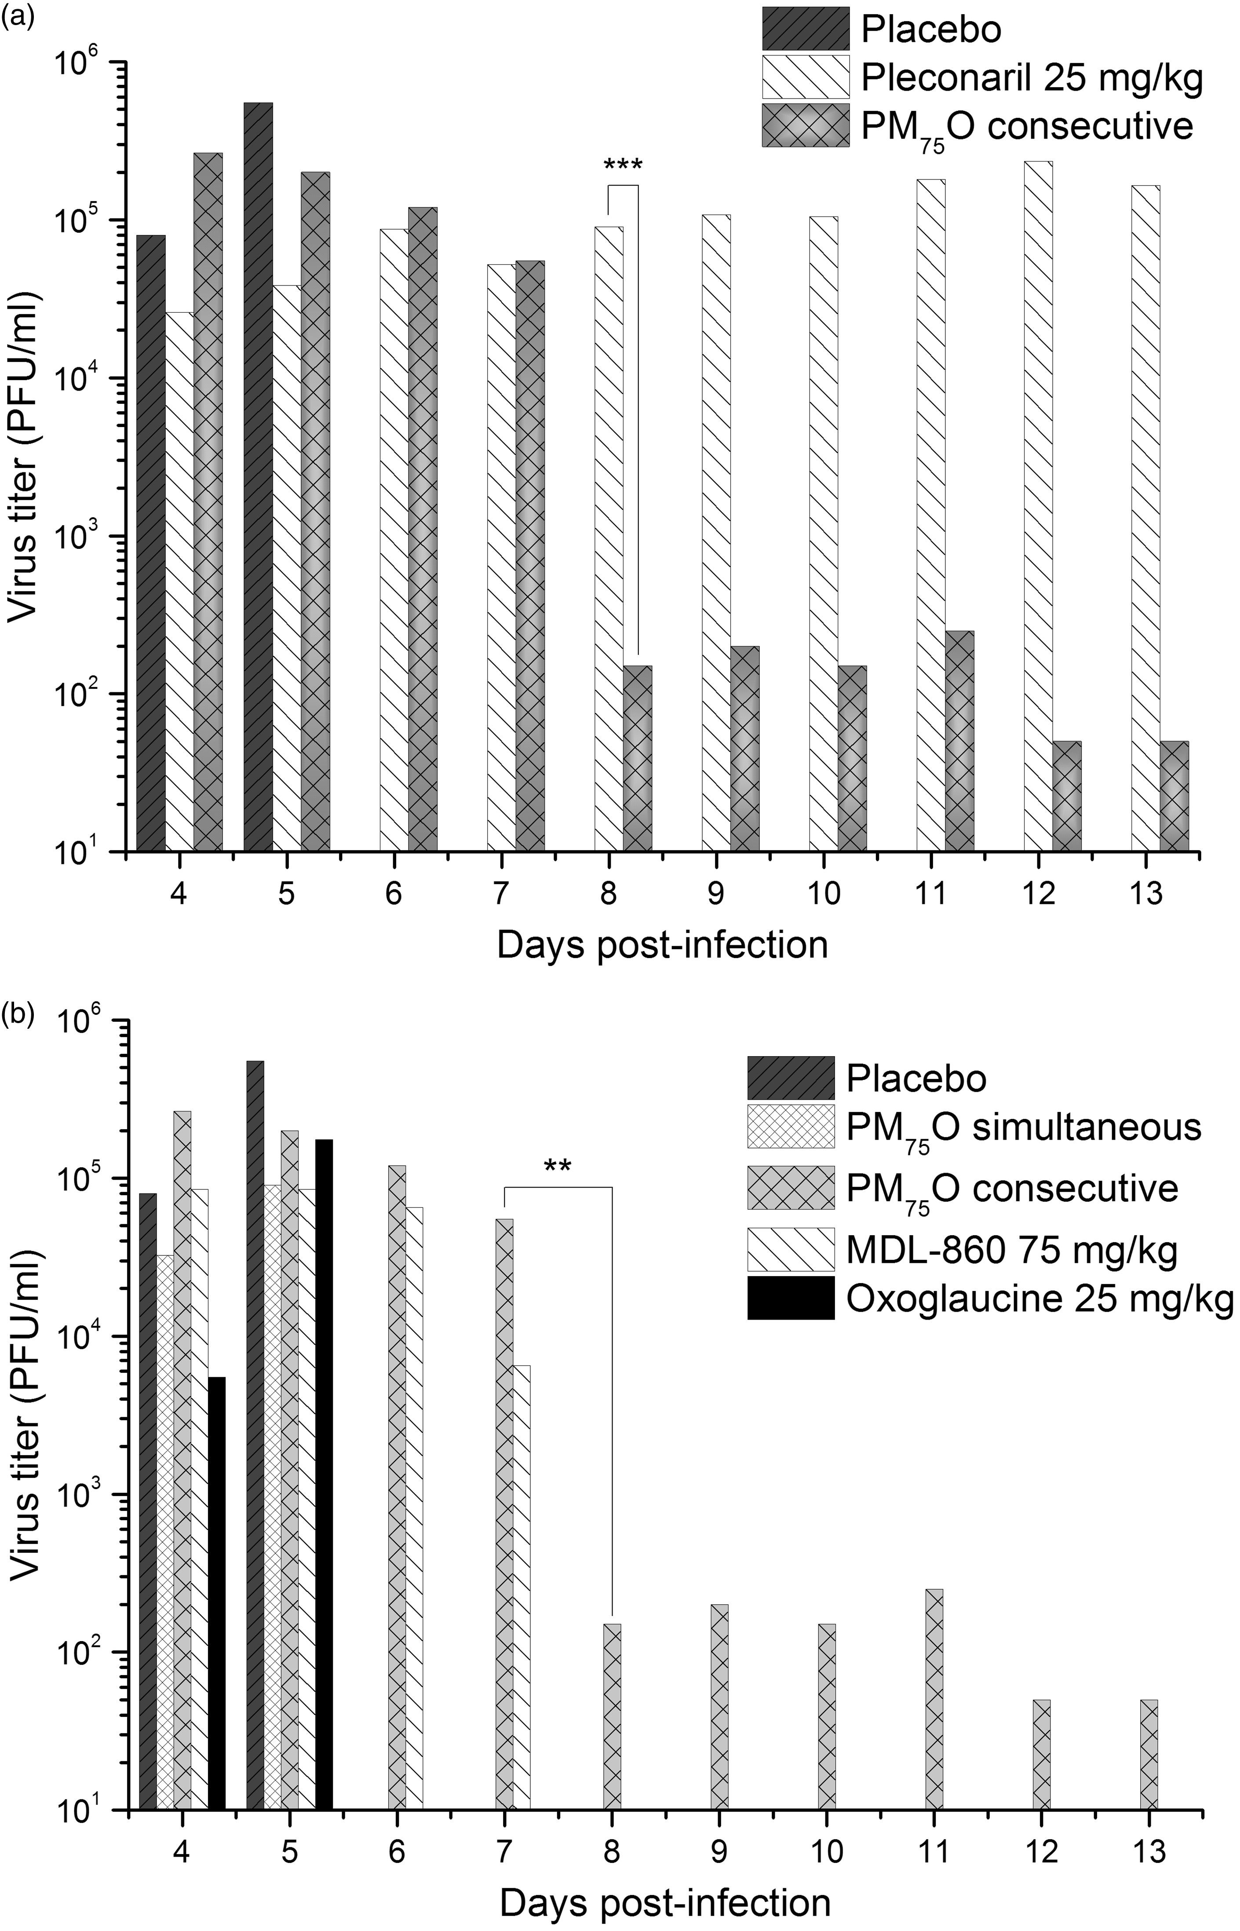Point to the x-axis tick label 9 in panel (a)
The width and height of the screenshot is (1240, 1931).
point(716,895)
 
